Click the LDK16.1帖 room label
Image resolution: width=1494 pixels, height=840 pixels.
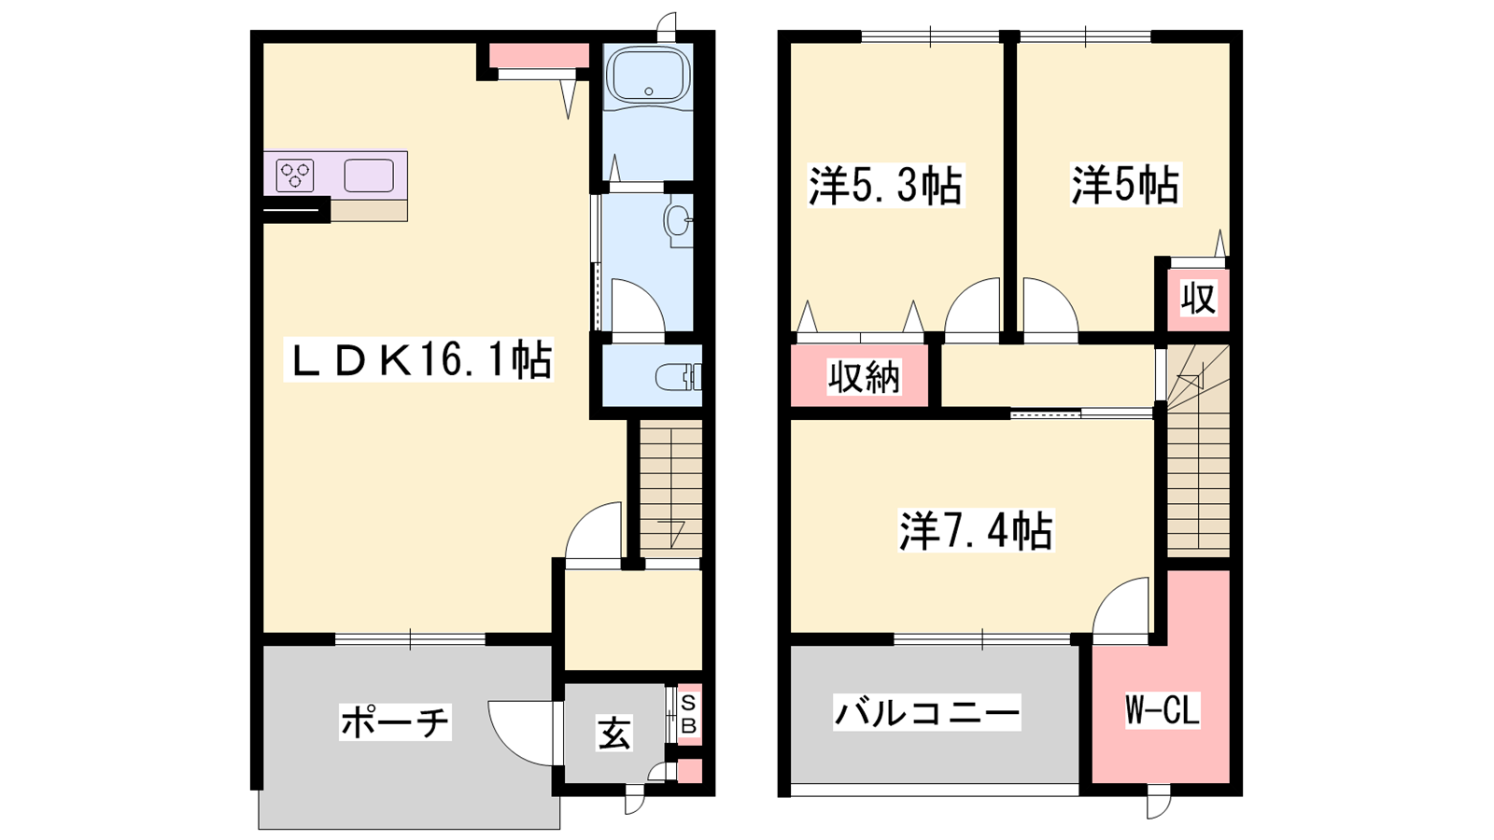click(419, 360)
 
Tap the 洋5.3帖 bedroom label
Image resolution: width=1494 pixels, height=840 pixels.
click(885, 186)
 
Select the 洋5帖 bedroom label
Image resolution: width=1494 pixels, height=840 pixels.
click(1125, 184)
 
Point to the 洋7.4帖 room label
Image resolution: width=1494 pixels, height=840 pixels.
click(976, 530)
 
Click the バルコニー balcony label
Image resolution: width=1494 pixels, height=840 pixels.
click(927, 713)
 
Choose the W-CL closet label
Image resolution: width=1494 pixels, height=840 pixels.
click(1163, 710)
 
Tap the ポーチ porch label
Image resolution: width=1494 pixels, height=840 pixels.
click(396, 721)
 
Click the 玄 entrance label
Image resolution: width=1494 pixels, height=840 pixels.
click(614, 734)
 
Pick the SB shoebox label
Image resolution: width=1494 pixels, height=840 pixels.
click(690, 714)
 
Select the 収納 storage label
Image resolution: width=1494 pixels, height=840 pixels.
click(865, 377)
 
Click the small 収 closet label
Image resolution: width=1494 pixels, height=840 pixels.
click(1199, 298)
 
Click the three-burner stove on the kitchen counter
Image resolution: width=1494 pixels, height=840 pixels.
click(295, 175)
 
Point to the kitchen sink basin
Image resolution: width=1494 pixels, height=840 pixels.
click(368, 176)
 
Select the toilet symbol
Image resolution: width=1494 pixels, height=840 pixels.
click(678, 377)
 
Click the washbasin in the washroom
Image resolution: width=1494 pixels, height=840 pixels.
click(678, 220)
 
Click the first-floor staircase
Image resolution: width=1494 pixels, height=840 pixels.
click(670, 489)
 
